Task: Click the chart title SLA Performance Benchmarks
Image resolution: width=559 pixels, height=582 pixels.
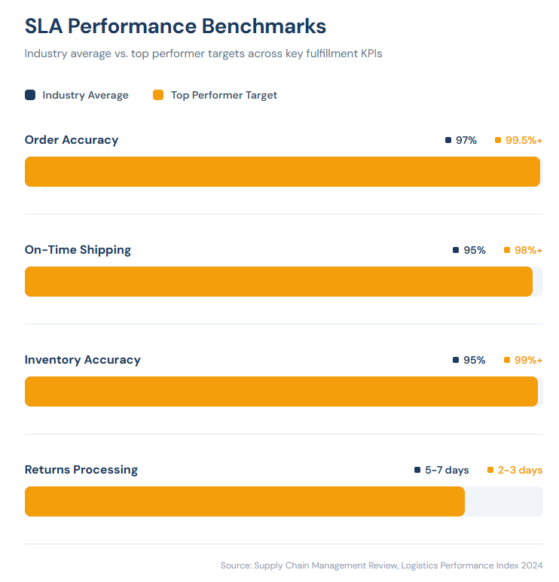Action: pyautogui.click(x=175, y=26)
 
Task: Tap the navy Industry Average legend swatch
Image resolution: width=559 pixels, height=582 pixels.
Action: pyautogui.click(x=30, y=95)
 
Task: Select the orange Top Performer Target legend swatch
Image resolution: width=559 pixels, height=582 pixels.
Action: pyautogui.click(x=158, y=95)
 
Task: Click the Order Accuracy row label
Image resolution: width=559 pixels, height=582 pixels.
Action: pyautogui.click(x=72, y=140)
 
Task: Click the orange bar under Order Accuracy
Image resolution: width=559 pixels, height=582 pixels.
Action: pyautogui.click(x=283, y=172)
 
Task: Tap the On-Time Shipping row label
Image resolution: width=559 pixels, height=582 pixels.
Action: pyautogui.click(x=78, y=250)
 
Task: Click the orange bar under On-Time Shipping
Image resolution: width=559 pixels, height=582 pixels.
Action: pyautogui.click(x=279, y=282)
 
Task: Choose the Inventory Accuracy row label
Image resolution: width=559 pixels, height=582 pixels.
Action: pyautogui.click(x=83, y=360)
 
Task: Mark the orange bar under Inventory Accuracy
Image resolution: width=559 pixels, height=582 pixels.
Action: pyautogui.click(x=281, y=392)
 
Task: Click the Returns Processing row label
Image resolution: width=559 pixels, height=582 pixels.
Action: pyautogui.click(x=81, y=470)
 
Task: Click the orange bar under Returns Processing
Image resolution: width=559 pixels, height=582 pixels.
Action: pyautogui.click(x=245, y=501)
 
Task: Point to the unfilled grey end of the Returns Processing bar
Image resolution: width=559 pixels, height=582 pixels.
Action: pyautogui.click(x=503, y=501)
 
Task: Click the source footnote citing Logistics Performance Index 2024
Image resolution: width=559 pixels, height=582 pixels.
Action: pyautogui.click(x=381, y=565)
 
